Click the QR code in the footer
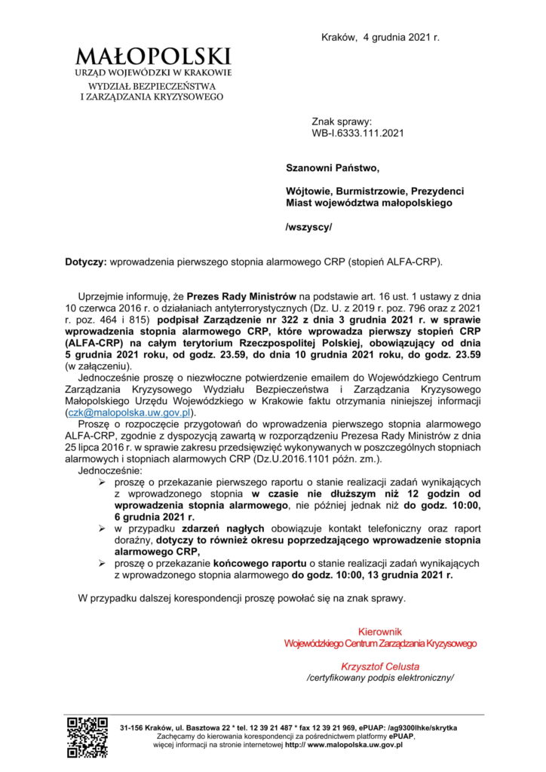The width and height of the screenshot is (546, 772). pyautogui.click(x=87, y=737)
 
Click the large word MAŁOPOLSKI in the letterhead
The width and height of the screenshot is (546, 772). pyautogui.click(x=153, y=56)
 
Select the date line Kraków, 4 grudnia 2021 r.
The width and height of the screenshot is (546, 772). pyautogui.click(x=380, y=36)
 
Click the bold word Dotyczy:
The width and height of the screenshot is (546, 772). pyautogui.click(x=86, y=262)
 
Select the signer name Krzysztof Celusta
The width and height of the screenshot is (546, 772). pyautogui.click(x=380, y=666)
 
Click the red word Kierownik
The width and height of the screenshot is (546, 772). pyautogui.click(x=380, y=631)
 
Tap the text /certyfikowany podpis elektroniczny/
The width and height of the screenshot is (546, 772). pyautogui.click(x=380, y=678)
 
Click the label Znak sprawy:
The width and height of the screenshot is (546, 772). pyautogui.click(x=342, y=121)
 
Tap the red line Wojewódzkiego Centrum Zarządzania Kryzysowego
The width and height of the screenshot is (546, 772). pyautogui.click(x=380, y=643)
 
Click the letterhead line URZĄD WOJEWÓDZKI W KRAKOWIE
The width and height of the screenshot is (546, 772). pyautogui.click(x=153, y=72)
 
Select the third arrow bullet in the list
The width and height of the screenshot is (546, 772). pyautogui.click(x=103, y=563)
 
